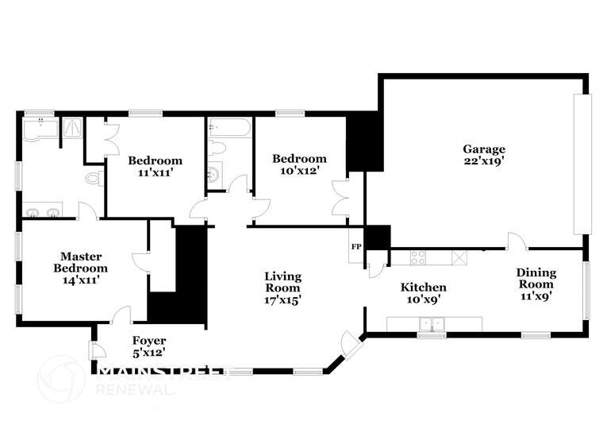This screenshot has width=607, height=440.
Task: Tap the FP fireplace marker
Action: click(355, 247)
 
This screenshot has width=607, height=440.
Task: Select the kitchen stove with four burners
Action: click(417, 257)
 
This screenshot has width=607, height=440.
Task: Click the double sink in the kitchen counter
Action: click(432, 323)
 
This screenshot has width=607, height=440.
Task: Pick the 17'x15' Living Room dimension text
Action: click(283, 300)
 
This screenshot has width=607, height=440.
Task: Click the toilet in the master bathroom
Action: click(94, 179)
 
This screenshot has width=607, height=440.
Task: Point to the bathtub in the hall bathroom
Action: click(229, 129)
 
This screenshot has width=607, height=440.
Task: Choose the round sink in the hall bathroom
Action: click(215, 175)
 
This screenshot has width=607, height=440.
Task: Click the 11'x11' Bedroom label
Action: click(155, 166)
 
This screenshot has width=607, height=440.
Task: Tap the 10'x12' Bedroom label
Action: click(299, 164)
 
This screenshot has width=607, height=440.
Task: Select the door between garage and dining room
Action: click(516, 241)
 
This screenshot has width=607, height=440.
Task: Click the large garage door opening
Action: click(582, 164)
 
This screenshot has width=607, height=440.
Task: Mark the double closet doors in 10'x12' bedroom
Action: click(340, 198)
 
